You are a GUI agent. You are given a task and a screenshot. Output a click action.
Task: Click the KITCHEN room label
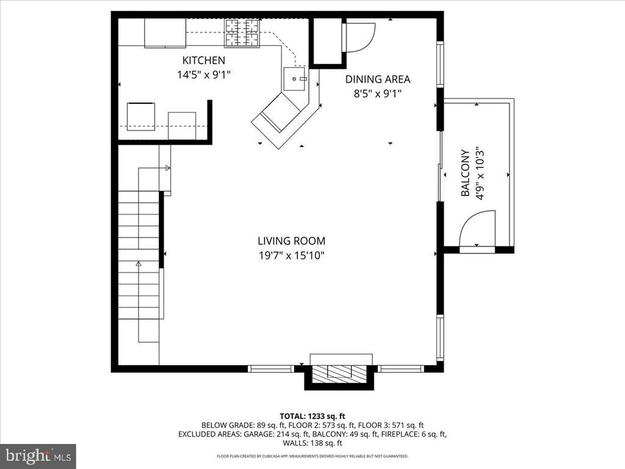click(204, 60)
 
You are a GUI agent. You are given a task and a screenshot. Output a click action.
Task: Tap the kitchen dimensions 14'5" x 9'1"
click(204, 75)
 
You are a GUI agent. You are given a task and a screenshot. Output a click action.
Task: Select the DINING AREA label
click(377, 79)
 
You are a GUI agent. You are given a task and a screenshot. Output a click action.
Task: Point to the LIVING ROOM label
click(291, 241)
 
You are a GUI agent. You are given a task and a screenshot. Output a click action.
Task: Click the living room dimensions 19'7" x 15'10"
click(291, 255)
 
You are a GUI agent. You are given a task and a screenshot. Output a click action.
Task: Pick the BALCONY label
click(464, 173)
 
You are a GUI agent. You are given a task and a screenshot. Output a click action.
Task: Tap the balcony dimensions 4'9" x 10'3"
click(480, 173)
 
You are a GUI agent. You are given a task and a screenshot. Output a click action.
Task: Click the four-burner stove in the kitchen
click(242, 33)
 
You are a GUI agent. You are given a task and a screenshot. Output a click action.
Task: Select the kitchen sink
click(295, 79)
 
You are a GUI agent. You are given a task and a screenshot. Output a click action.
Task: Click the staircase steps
click(139, 255)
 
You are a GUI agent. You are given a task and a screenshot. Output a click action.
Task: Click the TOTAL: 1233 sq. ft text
click(312, 416)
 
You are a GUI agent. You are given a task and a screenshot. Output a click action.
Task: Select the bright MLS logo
click(38, 456)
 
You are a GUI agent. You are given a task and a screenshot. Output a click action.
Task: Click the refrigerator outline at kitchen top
click(165, 33)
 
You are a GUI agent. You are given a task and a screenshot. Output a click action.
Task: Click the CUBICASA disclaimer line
click(312, 456)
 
